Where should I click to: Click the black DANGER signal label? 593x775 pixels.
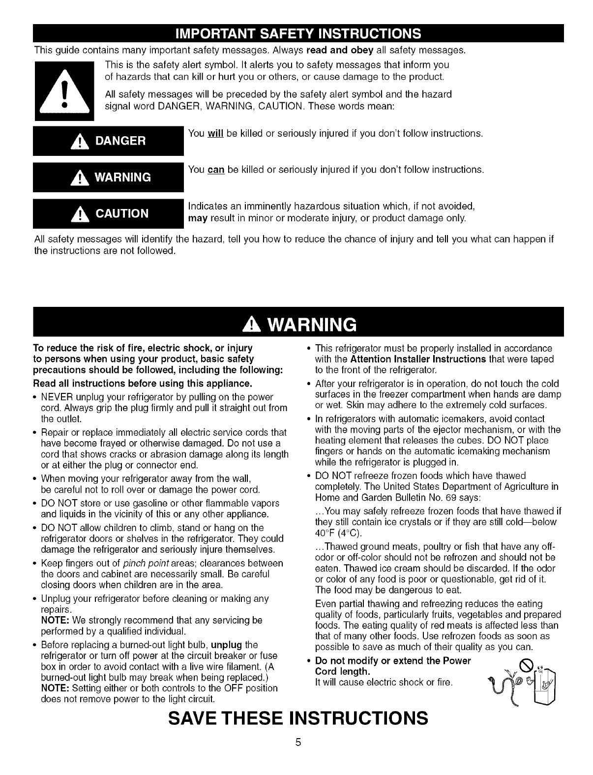point(108,141)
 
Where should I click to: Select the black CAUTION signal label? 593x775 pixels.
point(108,213)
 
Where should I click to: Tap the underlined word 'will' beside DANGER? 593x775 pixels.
point(216,134)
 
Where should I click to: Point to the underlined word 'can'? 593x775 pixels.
point(216,170)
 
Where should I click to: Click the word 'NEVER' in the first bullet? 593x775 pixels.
point(57,397)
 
